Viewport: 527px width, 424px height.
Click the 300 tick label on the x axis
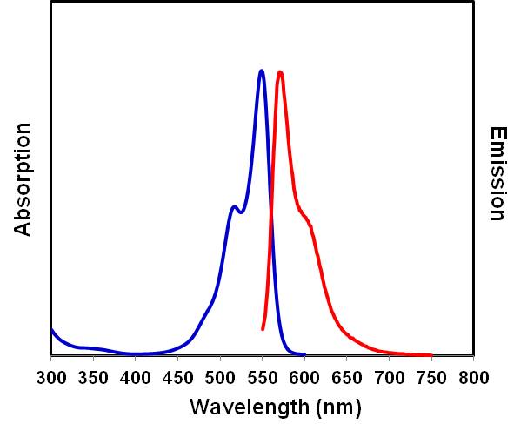51,377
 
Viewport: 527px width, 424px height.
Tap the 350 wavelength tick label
93,377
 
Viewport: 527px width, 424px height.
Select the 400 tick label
136,377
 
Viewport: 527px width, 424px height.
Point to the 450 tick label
178,377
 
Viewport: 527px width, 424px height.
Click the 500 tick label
220,377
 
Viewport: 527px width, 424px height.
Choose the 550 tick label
263,377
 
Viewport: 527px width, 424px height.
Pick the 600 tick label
304,377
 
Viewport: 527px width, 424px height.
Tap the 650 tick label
347,377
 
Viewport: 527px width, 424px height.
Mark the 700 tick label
389,377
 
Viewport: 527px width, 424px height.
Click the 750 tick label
431,377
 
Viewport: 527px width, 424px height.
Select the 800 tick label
473,377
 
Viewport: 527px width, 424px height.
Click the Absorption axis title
23,179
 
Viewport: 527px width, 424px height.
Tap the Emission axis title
497,174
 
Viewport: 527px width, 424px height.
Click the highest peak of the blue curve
261,71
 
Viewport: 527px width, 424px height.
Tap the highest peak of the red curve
279,71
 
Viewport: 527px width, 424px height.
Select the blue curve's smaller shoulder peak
233,206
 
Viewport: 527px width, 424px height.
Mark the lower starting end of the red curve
263,329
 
